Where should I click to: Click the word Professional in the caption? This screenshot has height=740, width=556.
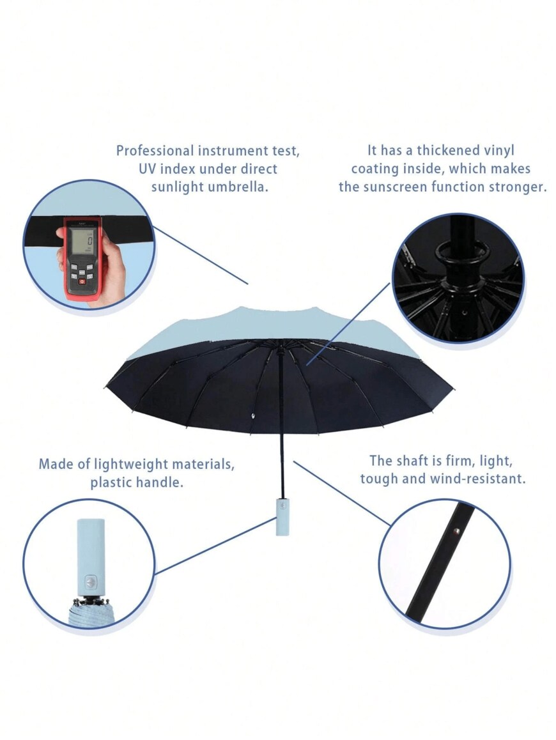(155, 151)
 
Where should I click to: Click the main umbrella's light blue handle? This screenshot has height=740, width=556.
(282, 516)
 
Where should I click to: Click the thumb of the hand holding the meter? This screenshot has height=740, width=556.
(61, 234)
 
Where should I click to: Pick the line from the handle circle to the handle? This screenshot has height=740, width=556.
(215, 546)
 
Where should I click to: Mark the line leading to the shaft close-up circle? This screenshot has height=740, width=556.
(342, 493)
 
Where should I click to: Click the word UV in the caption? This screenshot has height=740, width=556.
(149, 169)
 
